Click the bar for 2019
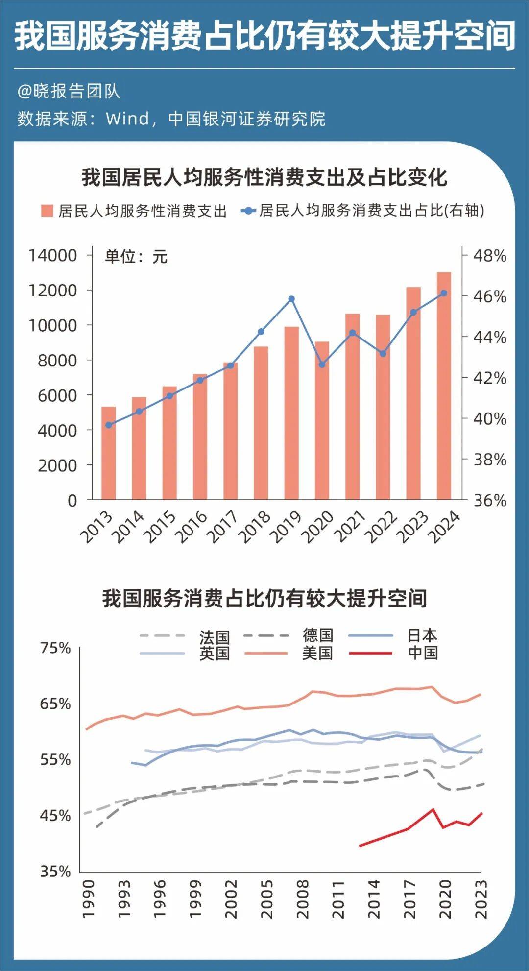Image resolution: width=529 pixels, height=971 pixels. [291, 413]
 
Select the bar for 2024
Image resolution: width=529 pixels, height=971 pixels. [444, 386]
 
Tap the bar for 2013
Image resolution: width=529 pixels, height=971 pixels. [109, 453]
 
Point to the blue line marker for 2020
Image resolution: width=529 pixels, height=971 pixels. [322, 364]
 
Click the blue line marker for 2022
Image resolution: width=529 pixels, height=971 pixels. [383, 353]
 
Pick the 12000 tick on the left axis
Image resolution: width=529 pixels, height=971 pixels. [52, 291]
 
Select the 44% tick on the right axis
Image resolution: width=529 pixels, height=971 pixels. [489, 337]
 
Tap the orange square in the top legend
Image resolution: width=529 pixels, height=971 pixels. [47, 211]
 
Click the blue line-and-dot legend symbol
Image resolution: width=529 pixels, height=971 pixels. [249, 211]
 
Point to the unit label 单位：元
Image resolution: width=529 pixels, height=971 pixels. [136, 257]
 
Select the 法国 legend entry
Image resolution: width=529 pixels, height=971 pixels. [214, 637]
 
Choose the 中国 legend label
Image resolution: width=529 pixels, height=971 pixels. [423, 653]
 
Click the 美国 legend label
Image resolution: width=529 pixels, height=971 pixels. [317, 653]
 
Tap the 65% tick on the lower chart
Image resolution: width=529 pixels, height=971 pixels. [55, 704]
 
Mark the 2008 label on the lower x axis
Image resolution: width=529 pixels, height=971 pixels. [302, 899]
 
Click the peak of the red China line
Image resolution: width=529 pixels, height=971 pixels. [433, 809]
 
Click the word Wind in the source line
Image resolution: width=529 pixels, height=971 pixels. [127, 119]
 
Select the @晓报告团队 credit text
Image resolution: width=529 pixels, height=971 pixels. [69, 91]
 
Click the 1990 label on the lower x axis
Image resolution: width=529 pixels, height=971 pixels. [88, 899]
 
